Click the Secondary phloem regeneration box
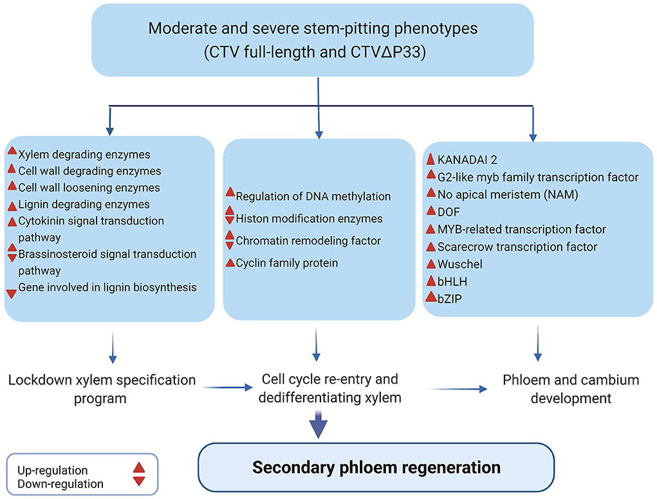[376, 467]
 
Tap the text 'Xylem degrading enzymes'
[84, 155]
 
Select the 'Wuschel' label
[460, 264]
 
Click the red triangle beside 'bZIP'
[430, 297]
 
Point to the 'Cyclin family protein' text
[287, 263]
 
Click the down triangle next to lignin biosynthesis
[12, 294]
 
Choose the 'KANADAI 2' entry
[467, 160]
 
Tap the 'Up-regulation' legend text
[53, 471]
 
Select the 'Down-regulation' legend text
[60, 484]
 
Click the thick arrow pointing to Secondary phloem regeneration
[319, 425]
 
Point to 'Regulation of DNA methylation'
[313, 196]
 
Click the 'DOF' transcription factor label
[449, 212]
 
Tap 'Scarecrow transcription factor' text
[517, 247]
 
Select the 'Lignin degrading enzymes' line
[84, 205]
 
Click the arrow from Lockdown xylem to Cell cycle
[228, 388]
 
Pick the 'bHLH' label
[452, 282]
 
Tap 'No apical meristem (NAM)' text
[508, 195]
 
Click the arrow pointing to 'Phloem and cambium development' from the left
[458, 389]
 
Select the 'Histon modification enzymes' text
[310, 218]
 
